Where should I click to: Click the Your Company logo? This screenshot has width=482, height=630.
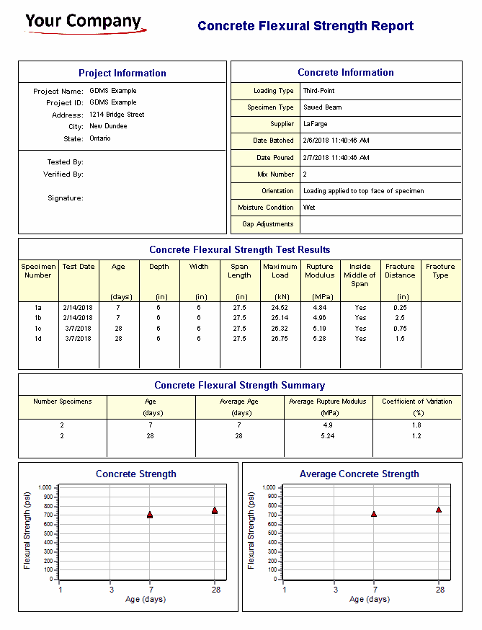(85, 23)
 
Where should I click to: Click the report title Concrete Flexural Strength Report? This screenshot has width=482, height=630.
(305, 27)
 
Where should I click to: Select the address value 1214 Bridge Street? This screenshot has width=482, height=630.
(117, 115)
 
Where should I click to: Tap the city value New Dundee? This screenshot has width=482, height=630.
(108, 126)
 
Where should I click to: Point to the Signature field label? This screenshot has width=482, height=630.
(66, 198)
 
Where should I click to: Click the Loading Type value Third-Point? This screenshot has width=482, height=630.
(318, 91)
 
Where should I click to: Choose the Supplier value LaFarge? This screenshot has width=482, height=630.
(315, 124)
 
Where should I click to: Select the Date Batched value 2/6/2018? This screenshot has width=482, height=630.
(336, 141)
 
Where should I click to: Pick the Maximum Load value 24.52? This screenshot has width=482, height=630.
(280, 308)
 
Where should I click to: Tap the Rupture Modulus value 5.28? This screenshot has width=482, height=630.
(319, 339)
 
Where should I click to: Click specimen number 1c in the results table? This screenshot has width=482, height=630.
(38, 329)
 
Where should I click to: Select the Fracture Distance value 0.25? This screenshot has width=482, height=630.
(400, 308)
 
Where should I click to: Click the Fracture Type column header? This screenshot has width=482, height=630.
(440, 271)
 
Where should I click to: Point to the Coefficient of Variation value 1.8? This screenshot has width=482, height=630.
(416, 425)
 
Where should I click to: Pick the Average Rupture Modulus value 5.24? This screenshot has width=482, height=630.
(327, 436)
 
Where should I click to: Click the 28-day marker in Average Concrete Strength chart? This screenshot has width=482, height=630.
(438, 510)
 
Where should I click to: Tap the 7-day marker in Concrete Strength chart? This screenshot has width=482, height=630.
(150, 515)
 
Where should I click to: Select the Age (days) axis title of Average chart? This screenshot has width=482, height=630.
(369, 600)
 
